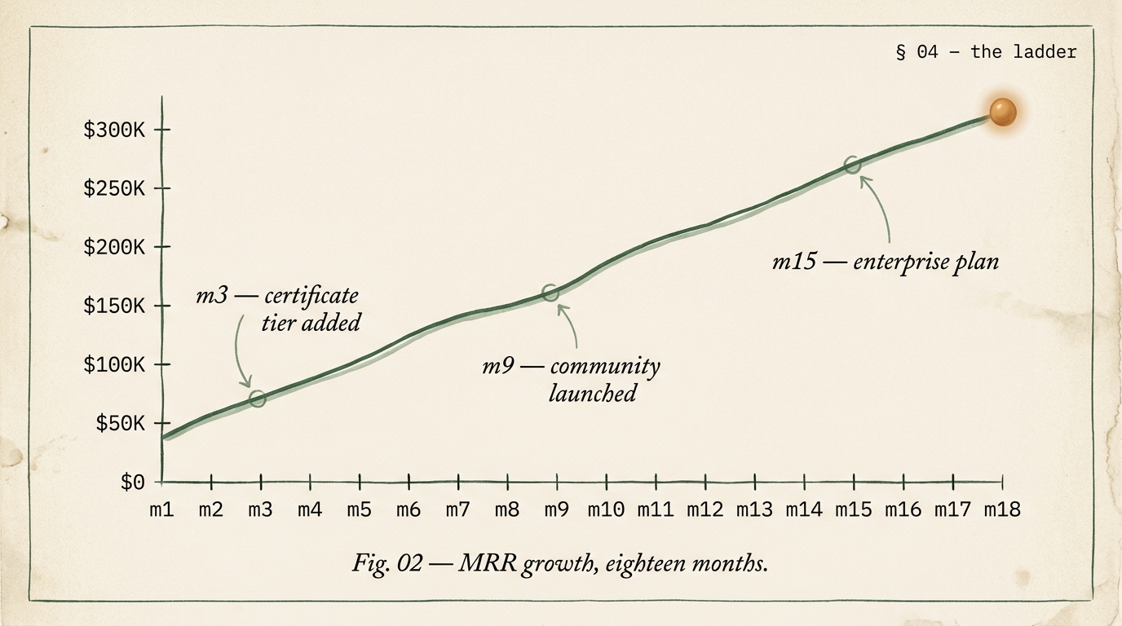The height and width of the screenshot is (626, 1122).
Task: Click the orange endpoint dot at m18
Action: coord(1002,112)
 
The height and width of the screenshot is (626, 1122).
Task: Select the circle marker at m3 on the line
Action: coord(258,399)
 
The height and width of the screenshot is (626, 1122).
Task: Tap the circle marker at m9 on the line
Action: coord(551,293)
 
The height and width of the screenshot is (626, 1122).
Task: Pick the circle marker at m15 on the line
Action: coord(852,165)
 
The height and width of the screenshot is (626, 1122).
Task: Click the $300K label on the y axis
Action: coord(114,130)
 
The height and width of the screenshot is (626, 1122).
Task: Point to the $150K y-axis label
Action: coord(114,306)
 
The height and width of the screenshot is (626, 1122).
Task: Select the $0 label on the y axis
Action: coord(132,483)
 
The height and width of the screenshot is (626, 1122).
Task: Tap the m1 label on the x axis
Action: coord(161,510)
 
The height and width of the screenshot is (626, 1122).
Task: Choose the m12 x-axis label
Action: coord(705,510)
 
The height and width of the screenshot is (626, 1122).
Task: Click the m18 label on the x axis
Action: coord(1001,510)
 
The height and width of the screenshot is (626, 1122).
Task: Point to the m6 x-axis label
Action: coord(409,510)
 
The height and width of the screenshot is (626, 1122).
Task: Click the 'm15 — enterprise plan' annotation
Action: coord(885,262)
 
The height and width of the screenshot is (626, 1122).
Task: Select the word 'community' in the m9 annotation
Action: coord(605,366)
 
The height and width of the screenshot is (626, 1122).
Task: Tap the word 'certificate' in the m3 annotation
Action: coord(311,294)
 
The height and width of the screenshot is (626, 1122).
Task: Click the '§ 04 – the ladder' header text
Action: coord(986,52)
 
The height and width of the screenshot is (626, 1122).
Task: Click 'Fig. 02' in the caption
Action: coord(387,562)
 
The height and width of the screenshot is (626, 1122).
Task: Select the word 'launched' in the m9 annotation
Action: coord(592,394)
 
